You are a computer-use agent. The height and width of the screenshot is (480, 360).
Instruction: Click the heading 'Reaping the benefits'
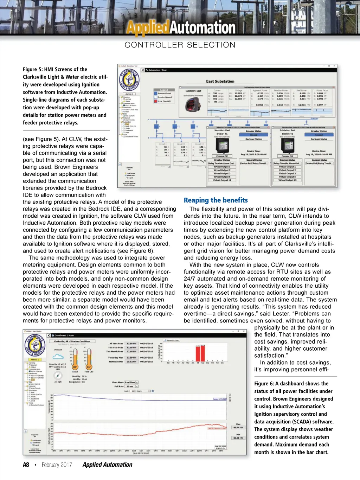[x=216, y=200]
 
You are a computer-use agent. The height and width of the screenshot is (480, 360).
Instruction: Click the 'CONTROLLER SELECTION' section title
[x=180, y=45]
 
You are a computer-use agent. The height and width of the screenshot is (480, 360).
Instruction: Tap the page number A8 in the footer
[x=26, y=465]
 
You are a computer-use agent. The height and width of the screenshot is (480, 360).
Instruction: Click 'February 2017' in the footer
[x=57, y=465]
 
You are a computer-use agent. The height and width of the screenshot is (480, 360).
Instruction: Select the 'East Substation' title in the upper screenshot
[x=220, y=81]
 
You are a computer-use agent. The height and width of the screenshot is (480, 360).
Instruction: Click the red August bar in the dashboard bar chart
[x=202, y=353]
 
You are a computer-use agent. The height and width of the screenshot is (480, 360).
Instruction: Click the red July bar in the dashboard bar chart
[x=198, y=353]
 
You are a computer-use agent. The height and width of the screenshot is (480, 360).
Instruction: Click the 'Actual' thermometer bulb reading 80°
[x=75, y=367]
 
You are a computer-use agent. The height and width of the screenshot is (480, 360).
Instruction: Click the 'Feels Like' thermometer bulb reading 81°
[x=89, y=367]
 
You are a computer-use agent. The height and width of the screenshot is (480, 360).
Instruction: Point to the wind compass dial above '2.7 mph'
[x=58, y=376]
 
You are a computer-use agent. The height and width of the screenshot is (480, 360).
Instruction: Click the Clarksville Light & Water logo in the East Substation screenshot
[x=129, y=80]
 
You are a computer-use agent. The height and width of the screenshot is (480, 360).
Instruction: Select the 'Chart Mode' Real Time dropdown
[x=131, y=382]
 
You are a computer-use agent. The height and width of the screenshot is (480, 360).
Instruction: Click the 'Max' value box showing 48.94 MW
[x=236, y=428]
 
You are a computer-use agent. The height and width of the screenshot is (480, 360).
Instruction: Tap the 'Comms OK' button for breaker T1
[x=222, y=156]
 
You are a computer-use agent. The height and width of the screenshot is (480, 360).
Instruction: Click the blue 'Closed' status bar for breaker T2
[x=319, y=135]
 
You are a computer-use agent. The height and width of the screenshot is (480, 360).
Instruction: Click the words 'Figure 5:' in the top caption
[x=33, y=69]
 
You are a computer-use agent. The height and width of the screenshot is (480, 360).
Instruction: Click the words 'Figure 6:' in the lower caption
[x=264, y=384]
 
